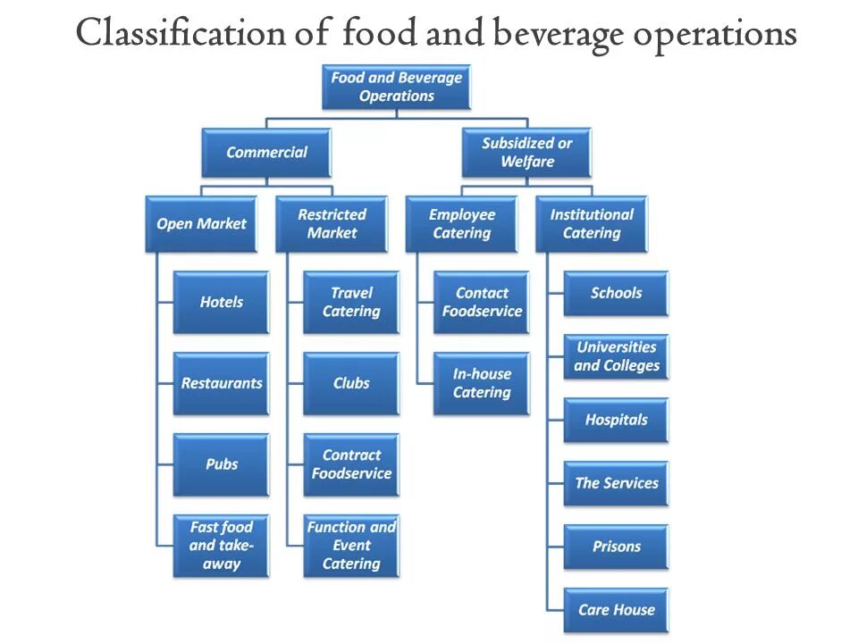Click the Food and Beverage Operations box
tap(396, 87)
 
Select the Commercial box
tap(266, 152)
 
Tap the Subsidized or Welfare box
tap(526, 152)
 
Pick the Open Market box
tap(201, 223)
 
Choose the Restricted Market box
tap(332, 223)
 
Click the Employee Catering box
tap(461, 223)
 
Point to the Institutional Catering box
tap(591, 223)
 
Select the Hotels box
tap(221, 302)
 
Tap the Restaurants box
tap(221, 383)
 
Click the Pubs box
tap(221, 464)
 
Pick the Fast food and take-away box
tap(221, 546)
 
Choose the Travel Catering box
tap(351, 302)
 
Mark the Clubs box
tap(351, 383)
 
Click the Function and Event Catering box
tap(351, 546)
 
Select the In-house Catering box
tap(481, 383)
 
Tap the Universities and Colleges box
tap(616, 356)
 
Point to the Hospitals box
tap(616, 420)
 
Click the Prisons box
tap(616, 547)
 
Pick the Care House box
tap(616, 610)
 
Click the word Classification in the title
tap(180, 34)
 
